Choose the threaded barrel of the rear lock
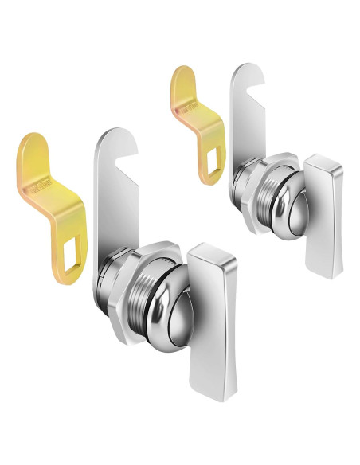pos(260,195)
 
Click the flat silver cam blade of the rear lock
pos(244,119)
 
